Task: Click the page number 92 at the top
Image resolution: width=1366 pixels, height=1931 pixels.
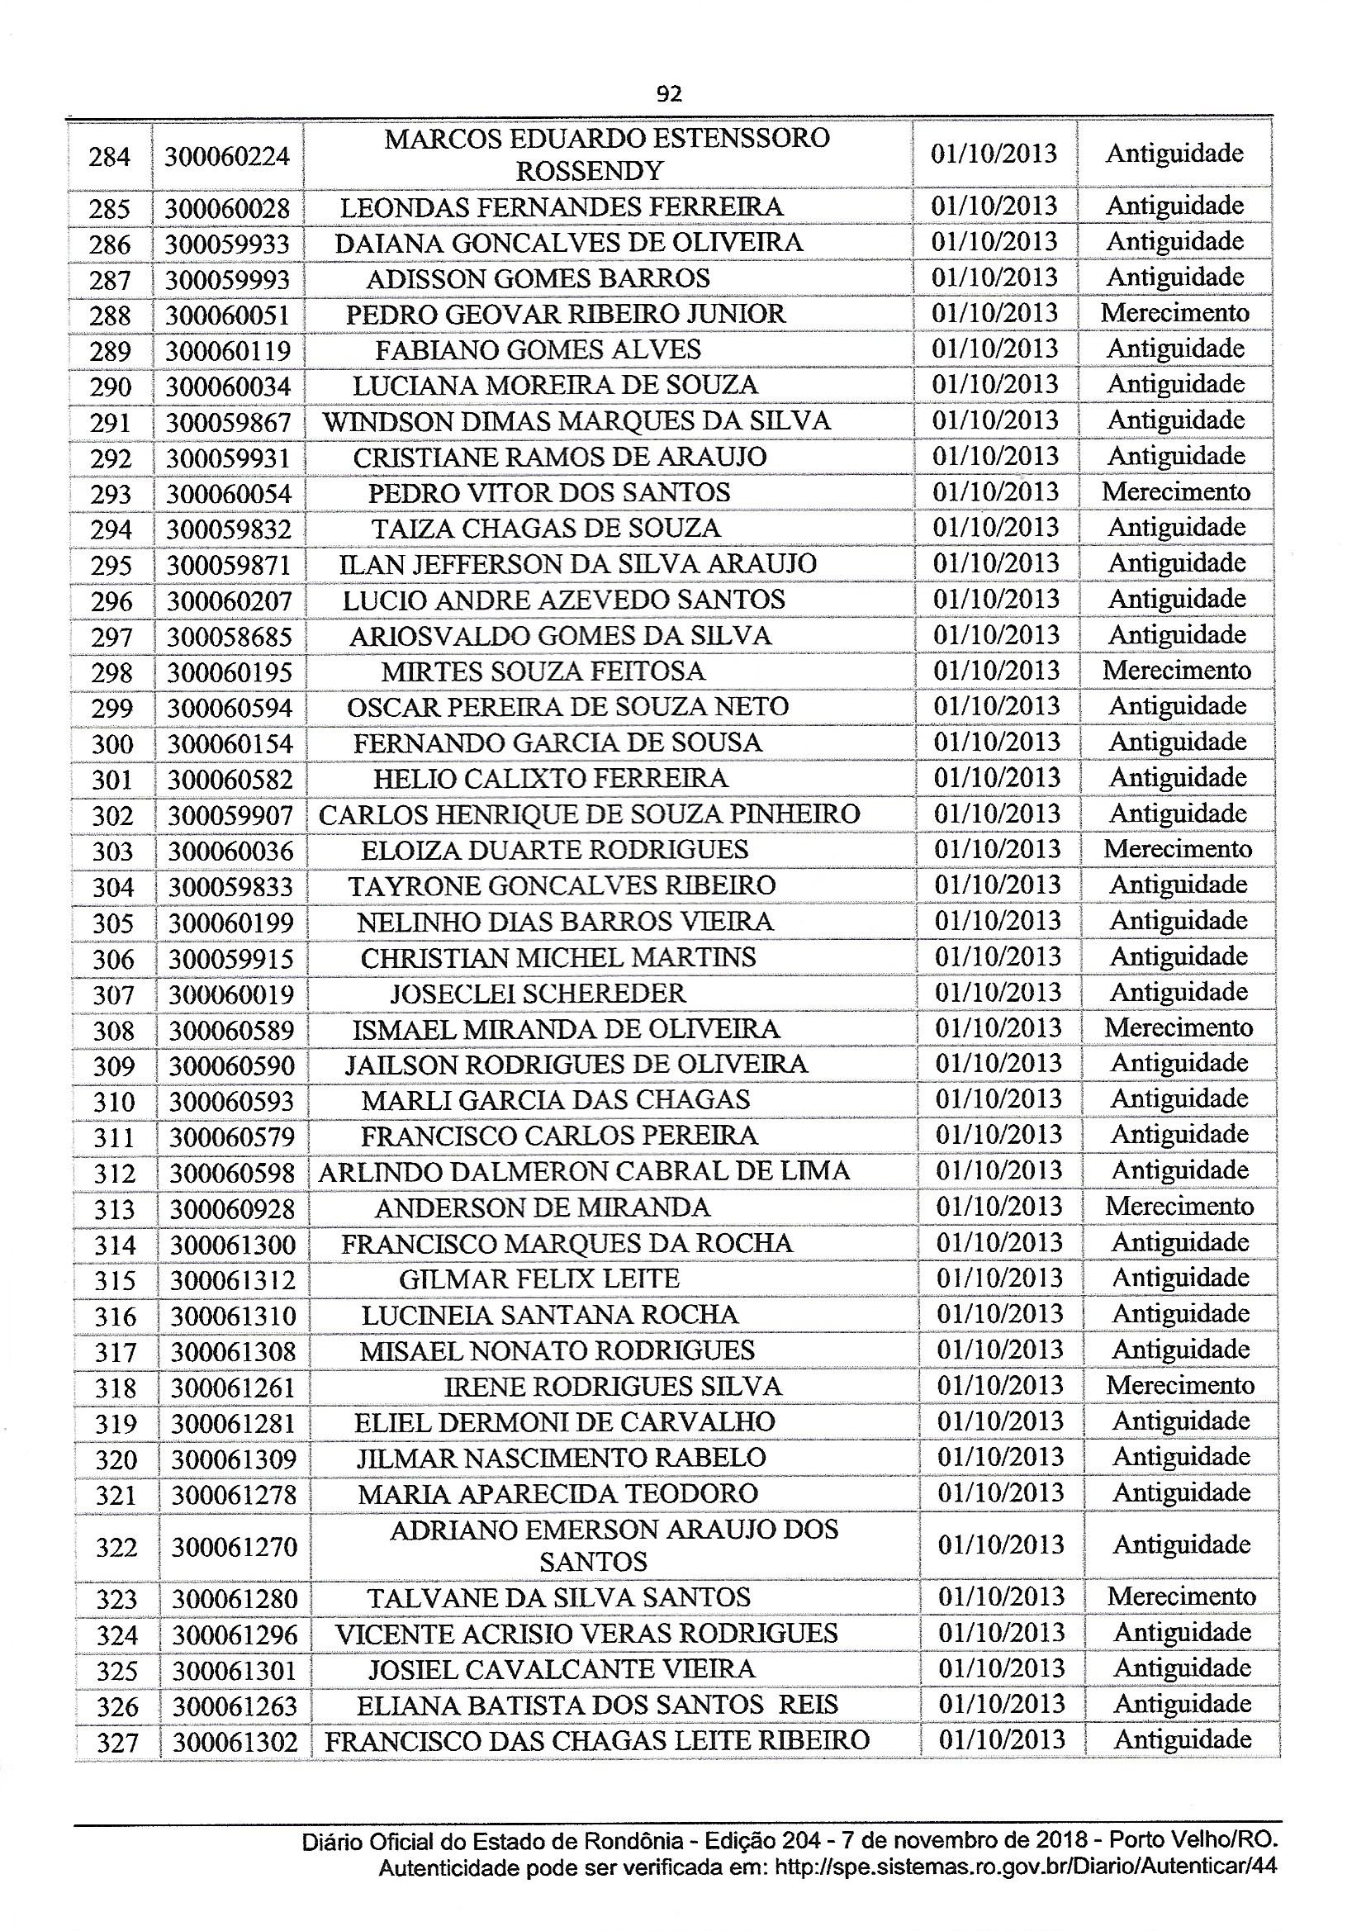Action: pos(669,94)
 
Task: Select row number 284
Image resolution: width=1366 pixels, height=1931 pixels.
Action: pos(109,156)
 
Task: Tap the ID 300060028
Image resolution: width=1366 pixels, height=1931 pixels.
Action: pos(227,208)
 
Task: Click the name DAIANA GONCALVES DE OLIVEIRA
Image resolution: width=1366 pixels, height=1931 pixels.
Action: pos(568,243)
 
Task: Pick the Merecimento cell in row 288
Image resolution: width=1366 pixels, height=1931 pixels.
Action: pos(1175,313)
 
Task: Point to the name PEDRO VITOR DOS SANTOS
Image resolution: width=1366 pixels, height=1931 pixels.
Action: pos(549,493)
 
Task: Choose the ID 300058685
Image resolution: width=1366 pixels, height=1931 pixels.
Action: pos(229,637)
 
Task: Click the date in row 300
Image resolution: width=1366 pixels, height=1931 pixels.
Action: pos(997,742)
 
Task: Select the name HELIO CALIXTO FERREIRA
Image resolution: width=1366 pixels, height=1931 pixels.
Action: pos(550,779)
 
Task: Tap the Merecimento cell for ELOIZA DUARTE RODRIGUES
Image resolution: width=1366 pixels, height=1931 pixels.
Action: pos(1178,848)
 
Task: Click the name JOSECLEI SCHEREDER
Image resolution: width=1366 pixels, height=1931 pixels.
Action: pos(538,994)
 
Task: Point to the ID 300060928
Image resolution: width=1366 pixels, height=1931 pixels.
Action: pos(232,1208)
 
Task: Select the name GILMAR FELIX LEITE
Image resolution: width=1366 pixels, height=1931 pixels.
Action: pos(539,1279)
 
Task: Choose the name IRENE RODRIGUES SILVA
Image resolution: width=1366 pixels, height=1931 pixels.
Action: pos(612,1386)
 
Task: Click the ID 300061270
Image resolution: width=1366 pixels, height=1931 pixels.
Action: pos(234,1547)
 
